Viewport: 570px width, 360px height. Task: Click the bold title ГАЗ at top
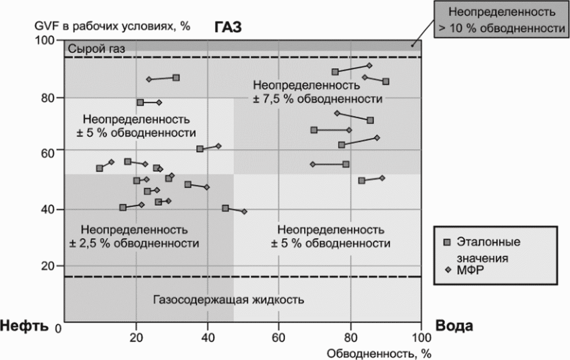point(228,27)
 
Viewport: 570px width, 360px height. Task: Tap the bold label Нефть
point(25,326)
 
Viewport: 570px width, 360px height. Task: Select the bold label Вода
point(454,326)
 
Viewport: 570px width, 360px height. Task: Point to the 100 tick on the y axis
point(45,40)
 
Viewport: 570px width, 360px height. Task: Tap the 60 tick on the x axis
point(279,337)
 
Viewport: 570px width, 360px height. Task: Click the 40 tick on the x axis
point(207,337)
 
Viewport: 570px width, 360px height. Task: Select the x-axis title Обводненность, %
point(379,353)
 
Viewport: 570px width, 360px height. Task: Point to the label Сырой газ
point(97,49)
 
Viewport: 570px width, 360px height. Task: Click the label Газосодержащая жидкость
point(229,300)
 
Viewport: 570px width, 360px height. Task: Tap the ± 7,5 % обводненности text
point(317,99)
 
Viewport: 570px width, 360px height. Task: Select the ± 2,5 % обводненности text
point(134,243)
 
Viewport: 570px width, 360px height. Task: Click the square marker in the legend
point(447,242)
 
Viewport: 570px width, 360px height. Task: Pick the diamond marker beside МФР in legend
point(448,270)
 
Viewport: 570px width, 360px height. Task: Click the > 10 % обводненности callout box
point(501,19)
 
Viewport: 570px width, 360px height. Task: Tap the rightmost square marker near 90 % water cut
point(386,81)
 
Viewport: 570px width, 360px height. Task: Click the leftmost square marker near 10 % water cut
point(100,168)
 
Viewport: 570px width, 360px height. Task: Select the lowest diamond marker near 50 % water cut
point(244,212)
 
